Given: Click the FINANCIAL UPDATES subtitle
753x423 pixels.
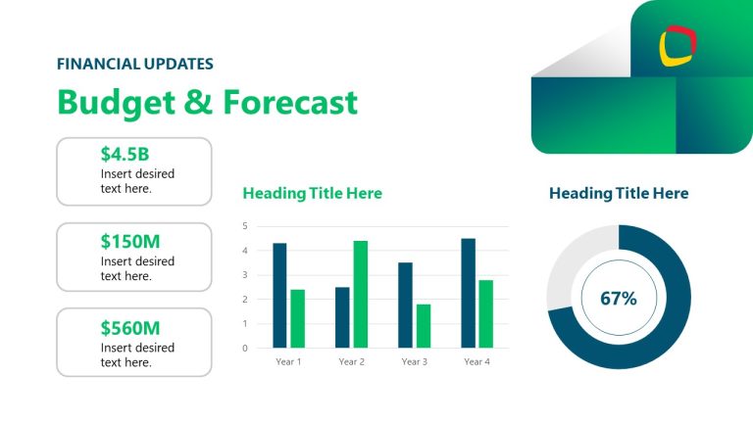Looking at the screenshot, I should point(135,64).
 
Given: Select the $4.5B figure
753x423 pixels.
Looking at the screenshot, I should point(125,154).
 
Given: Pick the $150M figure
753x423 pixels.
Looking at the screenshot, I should point(129,241).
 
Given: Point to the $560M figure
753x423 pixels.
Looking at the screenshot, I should point(129,327).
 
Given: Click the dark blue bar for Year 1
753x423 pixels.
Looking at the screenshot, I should point(279,295).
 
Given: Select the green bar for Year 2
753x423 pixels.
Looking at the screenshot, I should point(360,294).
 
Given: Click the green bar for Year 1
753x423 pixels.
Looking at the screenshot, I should point(297,318).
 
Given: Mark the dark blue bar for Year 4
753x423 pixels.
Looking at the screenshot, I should point(468,293).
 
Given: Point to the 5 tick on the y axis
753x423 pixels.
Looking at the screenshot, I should point(245,226).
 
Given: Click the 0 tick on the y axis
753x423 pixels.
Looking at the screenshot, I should point(245,348).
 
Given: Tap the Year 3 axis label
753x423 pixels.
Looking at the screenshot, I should point(414,362).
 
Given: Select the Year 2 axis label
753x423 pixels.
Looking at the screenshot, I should point(351,362).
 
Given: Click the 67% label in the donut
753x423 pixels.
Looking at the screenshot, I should point(619,298).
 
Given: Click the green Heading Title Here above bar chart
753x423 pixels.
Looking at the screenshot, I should point(312,194).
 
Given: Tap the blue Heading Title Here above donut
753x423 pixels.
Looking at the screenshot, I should point(619,194).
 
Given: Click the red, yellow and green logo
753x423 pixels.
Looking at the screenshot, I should point(678,44).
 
